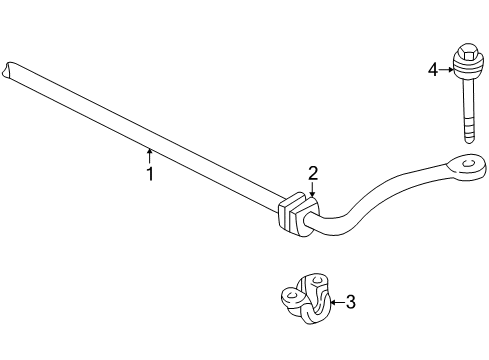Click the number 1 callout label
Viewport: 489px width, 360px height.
tap(150, 173)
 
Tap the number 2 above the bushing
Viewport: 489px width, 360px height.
tap(312, 173)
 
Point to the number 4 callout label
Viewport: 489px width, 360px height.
tap(433, 69)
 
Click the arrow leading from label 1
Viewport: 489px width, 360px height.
tap(150, 155)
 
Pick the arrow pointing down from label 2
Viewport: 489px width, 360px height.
tap(312, 189)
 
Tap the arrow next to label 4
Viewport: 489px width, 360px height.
tap(447, 69)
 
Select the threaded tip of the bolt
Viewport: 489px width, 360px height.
tap(468, 133)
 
